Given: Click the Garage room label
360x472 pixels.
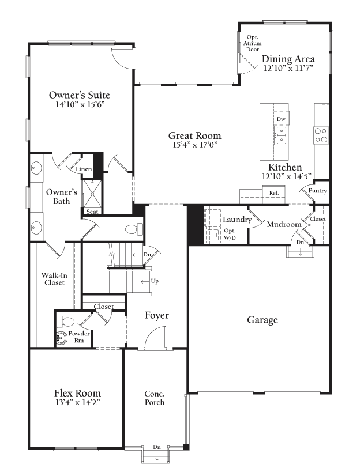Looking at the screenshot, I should (262, 320).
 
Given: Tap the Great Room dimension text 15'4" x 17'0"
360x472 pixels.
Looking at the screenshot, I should (195, 146).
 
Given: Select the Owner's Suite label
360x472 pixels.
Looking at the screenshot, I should (80, 95).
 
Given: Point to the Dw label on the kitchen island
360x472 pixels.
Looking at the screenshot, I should (281, 119).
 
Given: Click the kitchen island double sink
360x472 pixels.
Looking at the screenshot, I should (281, 135).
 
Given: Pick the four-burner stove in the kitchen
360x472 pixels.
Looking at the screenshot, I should (321, 135).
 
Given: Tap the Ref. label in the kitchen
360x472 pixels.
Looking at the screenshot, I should (273, 192).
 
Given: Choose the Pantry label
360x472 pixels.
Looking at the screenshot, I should (318, 191).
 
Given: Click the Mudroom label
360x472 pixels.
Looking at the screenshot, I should (284, 224).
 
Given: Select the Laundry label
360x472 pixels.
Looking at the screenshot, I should (237, 220).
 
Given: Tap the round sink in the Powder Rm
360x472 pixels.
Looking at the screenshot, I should (62, 338).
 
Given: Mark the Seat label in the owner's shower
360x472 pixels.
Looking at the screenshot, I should (92, 212).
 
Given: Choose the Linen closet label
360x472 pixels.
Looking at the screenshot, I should (84, 169).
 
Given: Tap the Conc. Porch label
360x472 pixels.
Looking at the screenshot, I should (155, 398).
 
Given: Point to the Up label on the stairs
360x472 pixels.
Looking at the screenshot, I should (155, 281).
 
